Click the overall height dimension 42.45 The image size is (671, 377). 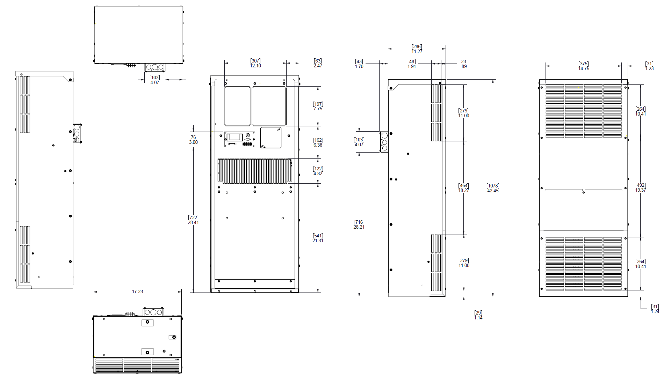tap(493, 188)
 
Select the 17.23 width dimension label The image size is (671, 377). tap(137, 291)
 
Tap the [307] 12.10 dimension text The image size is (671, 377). tap(255, 63)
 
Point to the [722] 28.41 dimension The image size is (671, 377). tap(193, 220)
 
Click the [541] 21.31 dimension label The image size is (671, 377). tap(318, 238)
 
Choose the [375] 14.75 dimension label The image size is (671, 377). tap(584, 66)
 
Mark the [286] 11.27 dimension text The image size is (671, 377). tap(417, 49)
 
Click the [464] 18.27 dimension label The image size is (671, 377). tap(464, 188)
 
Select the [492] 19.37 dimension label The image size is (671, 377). tap(641, 187)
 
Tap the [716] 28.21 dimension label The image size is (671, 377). tap(359, 224)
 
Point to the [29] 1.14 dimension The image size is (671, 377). tap(478, 315)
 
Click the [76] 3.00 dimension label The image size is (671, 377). tap(193, 140)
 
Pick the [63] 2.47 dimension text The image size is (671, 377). tap(318, 63)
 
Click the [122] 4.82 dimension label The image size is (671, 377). tap(318, 171)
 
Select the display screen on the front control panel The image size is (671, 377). tap(235, 137)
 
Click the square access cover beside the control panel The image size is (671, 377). tap(271, 138)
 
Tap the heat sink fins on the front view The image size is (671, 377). tap(254, 171)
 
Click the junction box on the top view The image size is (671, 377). tap(155, 67)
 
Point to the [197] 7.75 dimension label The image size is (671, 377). tap(318, 106)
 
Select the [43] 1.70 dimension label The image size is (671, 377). tap(359, 64)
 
